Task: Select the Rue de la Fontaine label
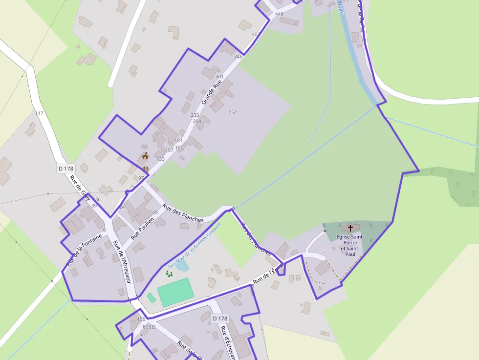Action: pos(85,250)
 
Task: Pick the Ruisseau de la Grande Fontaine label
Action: pos(195,245)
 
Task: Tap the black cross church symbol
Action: pos(350,228)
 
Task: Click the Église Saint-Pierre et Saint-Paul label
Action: pos(350,245)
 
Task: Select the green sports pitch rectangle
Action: pos(175,292)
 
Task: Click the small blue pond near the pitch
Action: pos(182,266)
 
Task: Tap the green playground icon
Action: pos(169,274)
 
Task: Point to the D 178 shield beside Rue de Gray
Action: pos(65,169)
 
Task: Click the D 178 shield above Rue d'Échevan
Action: pos(220,318)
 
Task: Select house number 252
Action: pos(233,112)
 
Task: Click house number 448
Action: pos(279,14)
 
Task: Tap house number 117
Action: pos(40,113)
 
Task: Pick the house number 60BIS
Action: pos(149,326)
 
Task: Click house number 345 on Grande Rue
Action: pos(238,57)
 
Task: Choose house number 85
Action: pos(156,212)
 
